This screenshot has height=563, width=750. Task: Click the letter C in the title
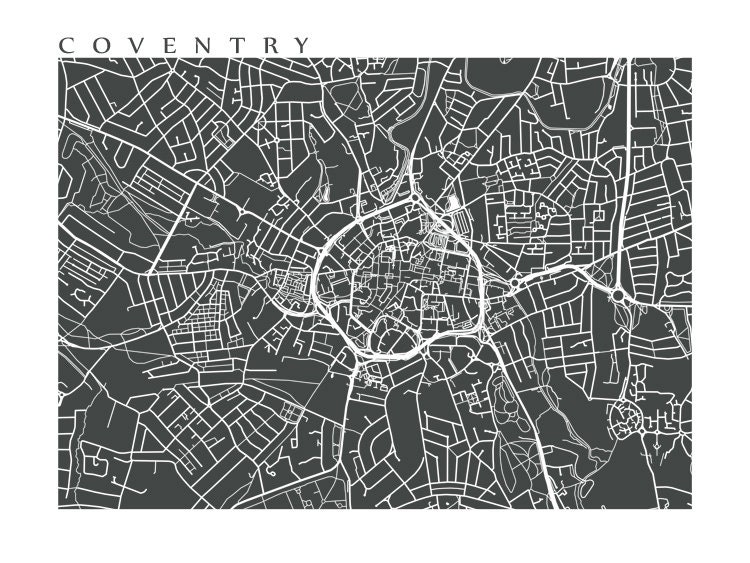(66, 45)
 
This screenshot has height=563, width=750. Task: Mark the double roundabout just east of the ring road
(514, 285)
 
